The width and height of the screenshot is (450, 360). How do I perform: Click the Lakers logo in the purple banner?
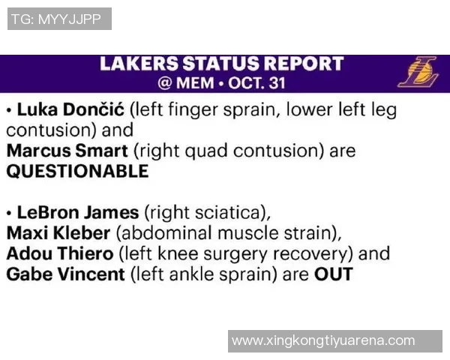tap(418, 72)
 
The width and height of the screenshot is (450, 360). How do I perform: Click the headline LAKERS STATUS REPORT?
tap(222, 64)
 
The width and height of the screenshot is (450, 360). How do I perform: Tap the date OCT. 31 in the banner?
tap(256, 83)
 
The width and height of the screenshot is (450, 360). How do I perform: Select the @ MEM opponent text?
tap(186, 83)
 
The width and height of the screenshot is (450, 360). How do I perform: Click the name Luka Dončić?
tap(70, 109)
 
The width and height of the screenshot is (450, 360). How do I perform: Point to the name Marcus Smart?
tap(67, 151)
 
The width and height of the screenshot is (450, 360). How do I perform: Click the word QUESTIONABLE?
tap(77, 172)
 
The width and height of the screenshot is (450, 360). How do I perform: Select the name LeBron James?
tap(78, 213)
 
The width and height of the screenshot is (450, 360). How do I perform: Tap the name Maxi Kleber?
tap(58, 232)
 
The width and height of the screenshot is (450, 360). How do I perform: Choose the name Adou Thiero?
tap(60, 253)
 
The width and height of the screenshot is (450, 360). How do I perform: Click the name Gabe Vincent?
tap(66, 274)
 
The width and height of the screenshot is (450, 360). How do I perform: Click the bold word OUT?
tap(334, 274)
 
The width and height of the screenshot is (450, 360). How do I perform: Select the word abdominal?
tap(166, 232)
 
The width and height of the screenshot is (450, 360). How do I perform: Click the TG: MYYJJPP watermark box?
tap(59, 19)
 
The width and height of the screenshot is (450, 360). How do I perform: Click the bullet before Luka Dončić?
tap(10, 110)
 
